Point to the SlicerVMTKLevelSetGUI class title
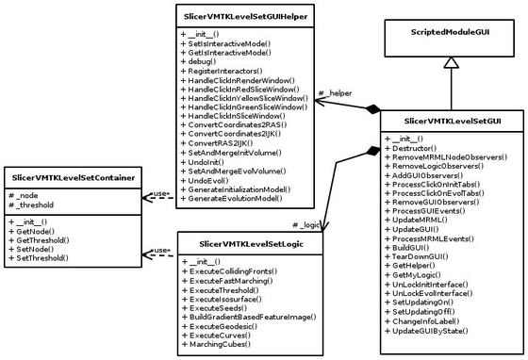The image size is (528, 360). [x=452, y=122]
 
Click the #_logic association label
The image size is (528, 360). [x=307, y=225]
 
